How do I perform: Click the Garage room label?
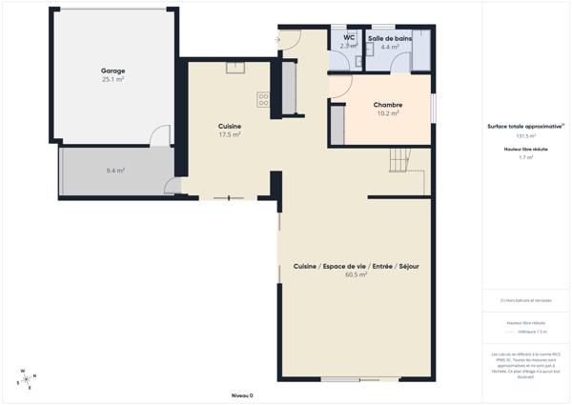click(113, 71)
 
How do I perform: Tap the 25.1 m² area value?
click(113, 80)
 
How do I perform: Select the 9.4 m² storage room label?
click(115, 171)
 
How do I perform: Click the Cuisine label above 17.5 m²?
click(229, 126)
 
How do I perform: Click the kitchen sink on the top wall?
click(235, 66)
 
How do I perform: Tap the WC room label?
click(349, 38)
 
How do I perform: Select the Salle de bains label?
click(390, 38)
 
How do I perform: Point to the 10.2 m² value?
click(387, 113)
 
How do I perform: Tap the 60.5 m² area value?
click(357, 274)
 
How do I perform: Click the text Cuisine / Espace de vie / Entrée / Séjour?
click(357, 266)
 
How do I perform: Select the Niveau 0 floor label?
click(242, 395)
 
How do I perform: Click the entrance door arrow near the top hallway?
click(277, 39)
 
